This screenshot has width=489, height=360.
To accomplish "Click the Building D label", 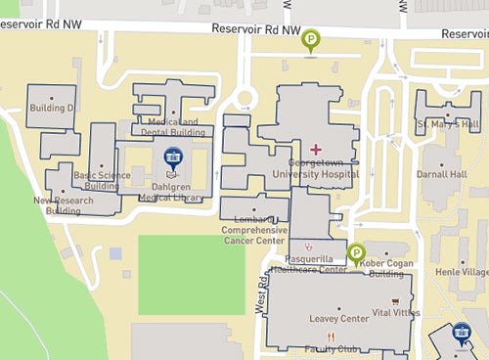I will pos(52,108).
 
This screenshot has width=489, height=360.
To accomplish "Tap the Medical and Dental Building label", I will pos(172,127).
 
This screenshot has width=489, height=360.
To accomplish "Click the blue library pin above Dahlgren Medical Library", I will pos(173,157).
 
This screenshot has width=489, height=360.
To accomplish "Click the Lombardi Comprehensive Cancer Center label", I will pos(255,227).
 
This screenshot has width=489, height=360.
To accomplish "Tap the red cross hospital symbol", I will pos(315,147).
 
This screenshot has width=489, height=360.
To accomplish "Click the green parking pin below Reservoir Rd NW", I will pos(311,40).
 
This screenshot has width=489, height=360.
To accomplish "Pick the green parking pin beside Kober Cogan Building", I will pos(355,252).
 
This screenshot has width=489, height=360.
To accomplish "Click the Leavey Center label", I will pos(338,318).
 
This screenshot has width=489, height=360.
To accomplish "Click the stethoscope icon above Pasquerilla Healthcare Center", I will pos(308,245).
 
